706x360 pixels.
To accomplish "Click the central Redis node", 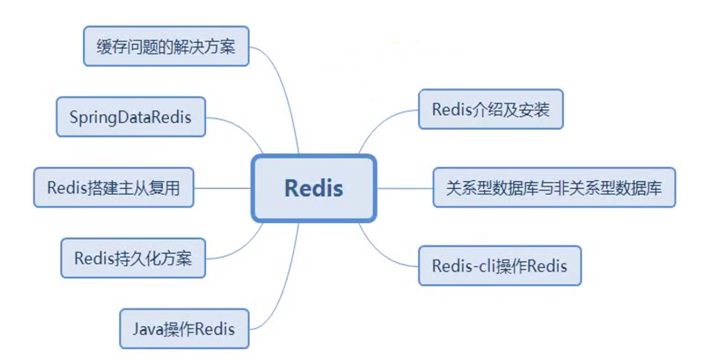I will pyautogui.click(x=313, y=188).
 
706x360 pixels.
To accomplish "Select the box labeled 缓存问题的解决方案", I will pyautogui.click(x=166, y=46).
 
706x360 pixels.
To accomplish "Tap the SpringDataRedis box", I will pyautogui.click(x=131, y=116).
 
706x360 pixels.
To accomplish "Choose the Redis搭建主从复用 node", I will pyautogui.click(x=114, y=188).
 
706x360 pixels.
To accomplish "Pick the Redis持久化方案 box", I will pyautogui.click(x=133, y=258).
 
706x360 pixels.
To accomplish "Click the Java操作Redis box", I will pyautogui.click(x=184, y=328).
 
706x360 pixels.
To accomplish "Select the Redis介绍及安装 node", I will pyautogui.click(x=490, y=109).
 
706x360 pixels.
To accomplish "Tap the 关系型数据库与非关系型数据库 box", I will pyautogui.click(x=553, y=188).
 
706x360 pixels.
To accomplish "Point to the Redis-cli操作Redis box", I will pyautogui.click(x=499, y=266).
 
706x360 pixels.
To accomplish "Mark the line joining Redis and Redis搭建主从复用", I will pyautogui.click(x=222, y=188).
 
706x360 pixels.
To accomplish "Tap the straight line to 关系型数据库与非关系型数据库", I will pyautogui.click(x=404, y=188).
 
